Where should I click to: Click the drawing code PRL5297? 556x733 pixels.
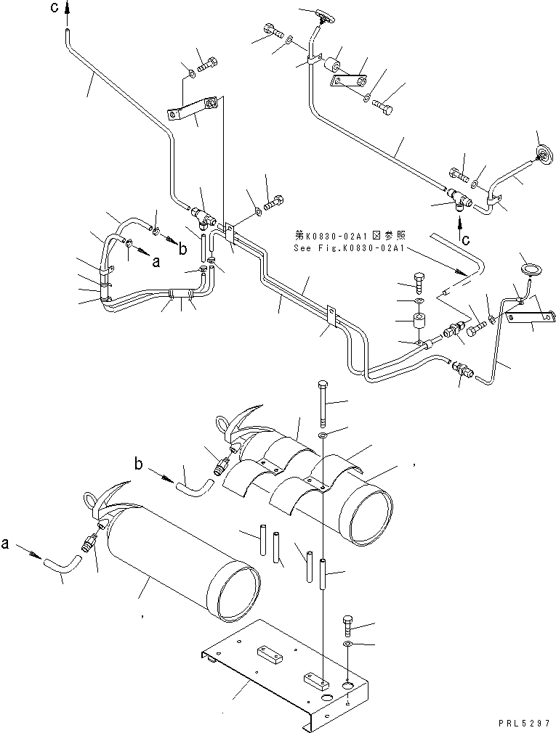[x=525, y=724]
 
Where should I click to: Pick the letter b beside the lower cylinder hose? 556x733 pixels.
[x=137, y=462]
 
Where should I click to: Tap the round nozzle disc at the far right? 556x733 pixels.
[x=541, y=153]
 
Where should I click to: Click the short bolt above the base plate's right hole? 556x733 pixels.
[x=347, y=624]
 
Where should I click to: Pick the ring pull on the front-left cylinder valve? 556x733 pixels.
[x=91, y=501]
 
